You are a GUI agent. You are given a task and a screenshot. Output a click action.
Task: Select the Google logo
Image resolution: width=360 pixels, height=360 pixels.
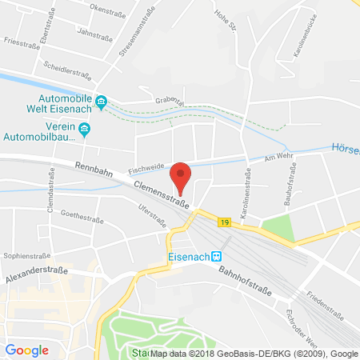[26, 350]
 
